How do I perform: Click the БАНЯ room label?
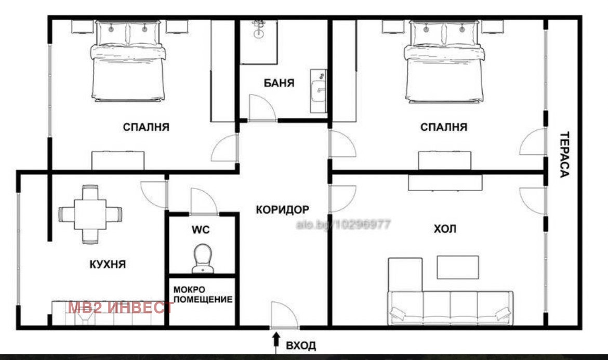click(279, 83)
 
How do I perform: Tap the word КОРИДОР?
click(283, 210)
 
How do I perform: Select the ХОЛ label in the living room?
click(445, 229)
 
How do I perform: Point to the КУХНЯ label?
click(108, 264)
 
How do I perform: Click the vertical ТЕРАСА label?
click(564, 155)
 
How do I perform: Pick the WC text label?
click(201, 230)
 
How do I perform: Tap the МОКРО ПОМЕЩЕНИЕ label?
click(203, 295)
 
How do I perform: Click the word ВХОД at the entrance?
click(301, 345)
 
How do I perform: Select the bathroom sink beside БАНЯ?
click(319, 91)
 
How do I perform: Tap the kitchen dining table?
click(90, 215)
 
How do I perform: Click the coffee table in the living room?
click(457, 267)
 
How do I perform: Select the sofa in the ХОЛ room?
click(450, 308)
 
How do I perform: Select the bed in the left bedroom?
click(128, 61)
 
